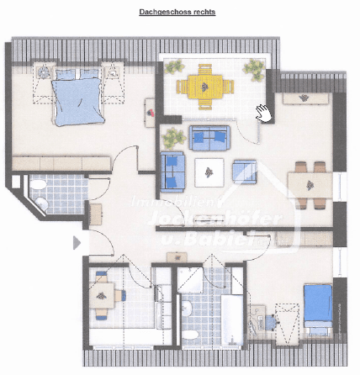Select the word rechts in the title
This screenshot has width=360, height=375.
(198, 13)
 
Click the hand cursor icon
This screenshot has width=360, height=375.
(263, 113)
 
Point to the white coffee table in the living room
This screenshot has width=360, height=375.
(207, 172)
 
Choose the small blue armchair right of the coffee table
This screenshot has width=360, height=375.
(244, 171)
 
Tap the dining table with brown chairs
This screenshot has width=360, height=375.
(308, 184)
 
